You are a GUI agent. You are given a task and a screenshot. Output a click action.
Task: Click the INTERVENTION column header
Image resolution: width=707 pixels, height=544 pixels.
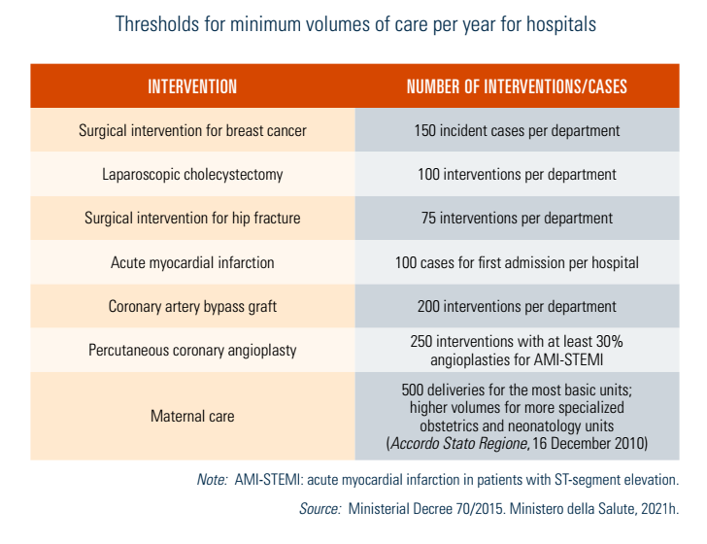[x=192, y=86]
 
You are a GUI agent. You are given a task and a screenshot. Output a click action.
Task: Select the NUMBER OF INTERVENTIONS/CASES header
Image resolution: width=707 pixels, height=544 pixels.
[x=517, y=86]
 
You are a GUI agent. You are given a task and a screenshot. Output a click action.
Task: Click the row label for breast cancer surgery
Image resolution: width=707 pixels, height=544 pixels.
[x=192, y=130]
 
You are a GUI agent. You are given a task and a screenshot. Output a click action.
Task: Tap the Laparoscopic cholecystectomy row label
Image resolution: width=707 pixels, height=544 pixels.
[x=192, y=175]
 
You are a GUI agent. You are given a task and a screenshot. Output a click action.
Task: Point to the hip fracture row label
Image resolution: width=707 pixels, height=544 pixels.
[x=192, y=219]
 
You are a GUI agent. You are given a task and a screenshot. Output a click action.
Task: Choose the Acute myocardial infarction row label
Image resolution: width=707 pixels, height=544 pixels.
[x=192, y=262]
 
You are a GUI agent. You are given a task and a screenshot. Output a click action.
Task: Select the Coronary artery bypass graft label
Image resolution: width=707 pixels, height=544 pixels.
[x=192, y=307]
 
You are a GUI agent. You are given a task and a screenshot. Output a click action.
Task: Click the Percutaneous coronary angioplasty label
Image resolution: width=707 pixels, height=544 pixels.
[x=192, y=351]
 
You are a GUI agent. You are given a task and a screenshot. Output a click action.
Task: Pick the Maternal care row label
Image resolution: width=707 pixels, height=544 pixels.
[x=192, y=416]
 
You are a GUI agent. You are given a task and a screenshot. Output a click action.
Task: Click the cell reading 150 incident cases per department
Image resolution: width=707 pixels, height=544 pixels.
[x=517, y=130]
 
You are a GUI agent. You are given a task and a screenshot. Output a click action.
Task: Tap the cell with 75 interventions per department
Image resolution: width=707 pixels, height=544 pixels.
[x=517, y=219]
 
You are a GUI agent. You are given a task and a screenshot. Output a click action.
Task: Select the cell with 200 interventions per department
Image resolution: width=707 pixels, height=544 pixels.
[x=517, y=307]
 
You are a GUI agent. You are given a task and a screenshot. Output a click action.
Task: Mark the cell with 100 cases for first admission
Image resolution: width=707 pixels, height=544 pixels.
[x=517, y=262]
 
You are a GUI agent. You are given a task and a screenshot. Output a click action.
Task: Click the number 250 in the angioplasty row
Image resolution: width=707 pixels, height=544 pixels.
[x=425, y=342]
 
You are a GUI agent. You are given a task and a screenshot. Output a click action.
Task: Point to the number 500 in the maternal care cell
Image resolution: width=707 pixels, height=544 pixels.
[x=414, y=390]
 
